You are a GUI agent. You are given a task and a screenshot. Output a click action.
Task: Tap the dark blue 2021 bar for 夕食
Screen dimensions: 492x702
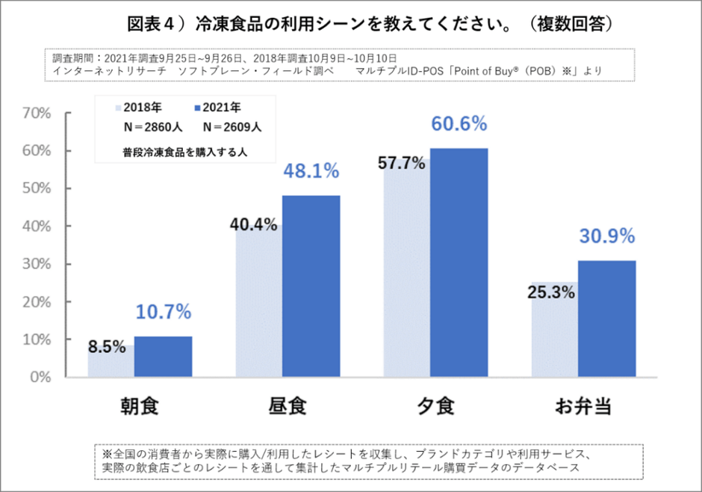459,262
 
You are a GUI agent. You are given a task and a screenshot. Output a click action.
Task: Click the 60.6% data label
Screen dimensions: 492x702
459,123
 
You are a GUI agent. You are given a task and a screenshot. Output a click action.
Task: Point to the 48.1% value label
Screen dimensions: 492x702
311,171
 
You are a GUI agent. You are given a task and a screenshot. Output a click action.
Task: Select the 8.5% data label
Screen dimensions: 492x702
107,347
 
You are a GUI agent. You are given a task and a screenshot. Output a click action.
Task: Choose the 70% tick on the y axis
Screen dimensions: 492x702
37,114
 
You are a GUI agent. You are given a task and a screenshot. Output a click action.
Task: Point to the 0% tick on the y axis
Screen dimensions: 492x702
40,377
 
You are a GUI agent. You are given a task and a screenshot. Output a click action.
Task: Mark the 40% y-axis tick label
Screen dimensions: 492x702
37,227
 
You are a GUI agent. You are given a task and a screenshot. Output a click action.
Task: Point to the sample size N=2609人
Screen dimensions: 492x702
232,127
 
